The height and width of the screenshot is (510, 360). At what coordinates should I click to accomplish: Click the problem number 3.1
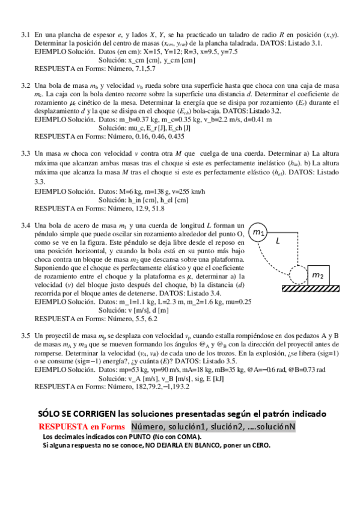click(x=25, y=35)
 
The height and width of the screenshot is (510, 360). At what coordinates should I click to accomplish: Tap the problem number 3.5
click(x=25, y=335)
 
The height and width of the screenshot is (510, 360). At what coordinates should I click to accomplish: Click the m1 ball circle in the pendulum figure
click(x=258, y=232)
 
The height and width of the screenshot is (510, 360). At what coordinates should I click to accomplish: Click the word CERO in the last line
click(x=260, y=446)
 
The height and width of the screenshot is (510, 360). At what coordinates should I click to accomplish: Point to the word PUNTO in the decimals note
click(x=134, y=437)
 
